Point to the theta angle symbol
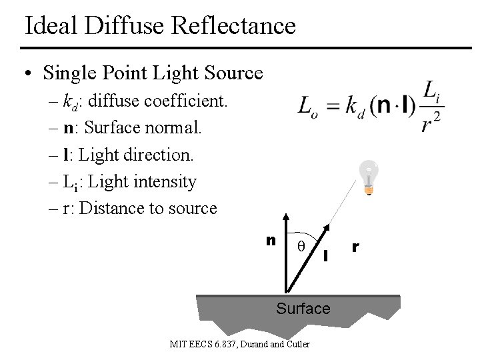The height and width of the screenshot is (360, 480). [x=301, y=245]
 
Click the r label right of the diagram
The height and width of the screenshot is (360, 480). [x=356, y=246]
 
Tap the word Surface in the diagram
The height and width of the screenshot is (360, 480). [x=303, y=309]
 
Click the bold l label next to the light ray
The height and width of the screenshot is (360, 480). [x=326, y=254]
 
